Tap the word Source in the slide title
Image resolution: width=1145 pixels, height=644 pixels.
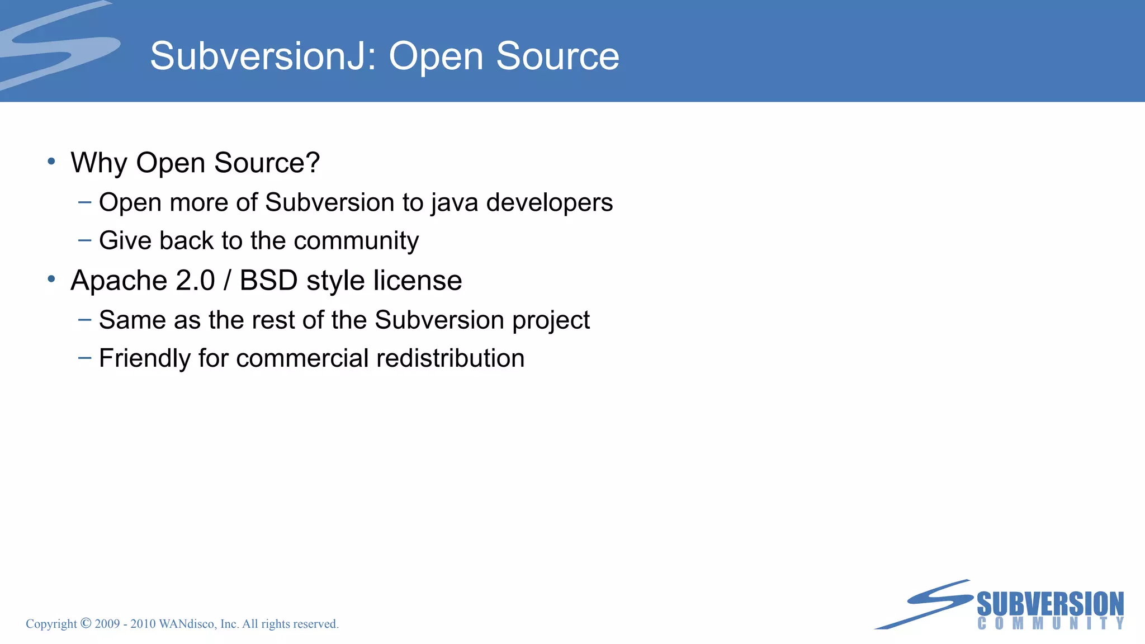click(x=557, y=56)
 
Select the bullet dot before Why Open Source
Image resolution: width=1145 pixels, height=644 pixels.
click(x=51, y=162)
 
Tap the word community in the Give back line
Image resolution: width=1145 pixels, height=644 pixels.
click(x=356, y=241)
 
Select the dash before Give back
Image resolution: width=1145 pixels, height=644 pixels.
click(x=85, y=240)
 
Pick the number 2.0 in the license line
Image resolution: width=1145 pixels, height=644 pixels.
click(x=195, y=280)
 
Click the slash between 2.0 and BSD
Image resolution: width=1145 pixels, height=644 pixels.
click(x=227, y=280)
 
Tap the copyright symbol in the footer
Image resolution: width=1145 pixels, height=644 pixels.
click(x=86, y=623)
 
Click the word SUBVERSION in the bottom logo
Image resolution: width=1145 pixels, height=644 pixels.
click(x=1050, y=604)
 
